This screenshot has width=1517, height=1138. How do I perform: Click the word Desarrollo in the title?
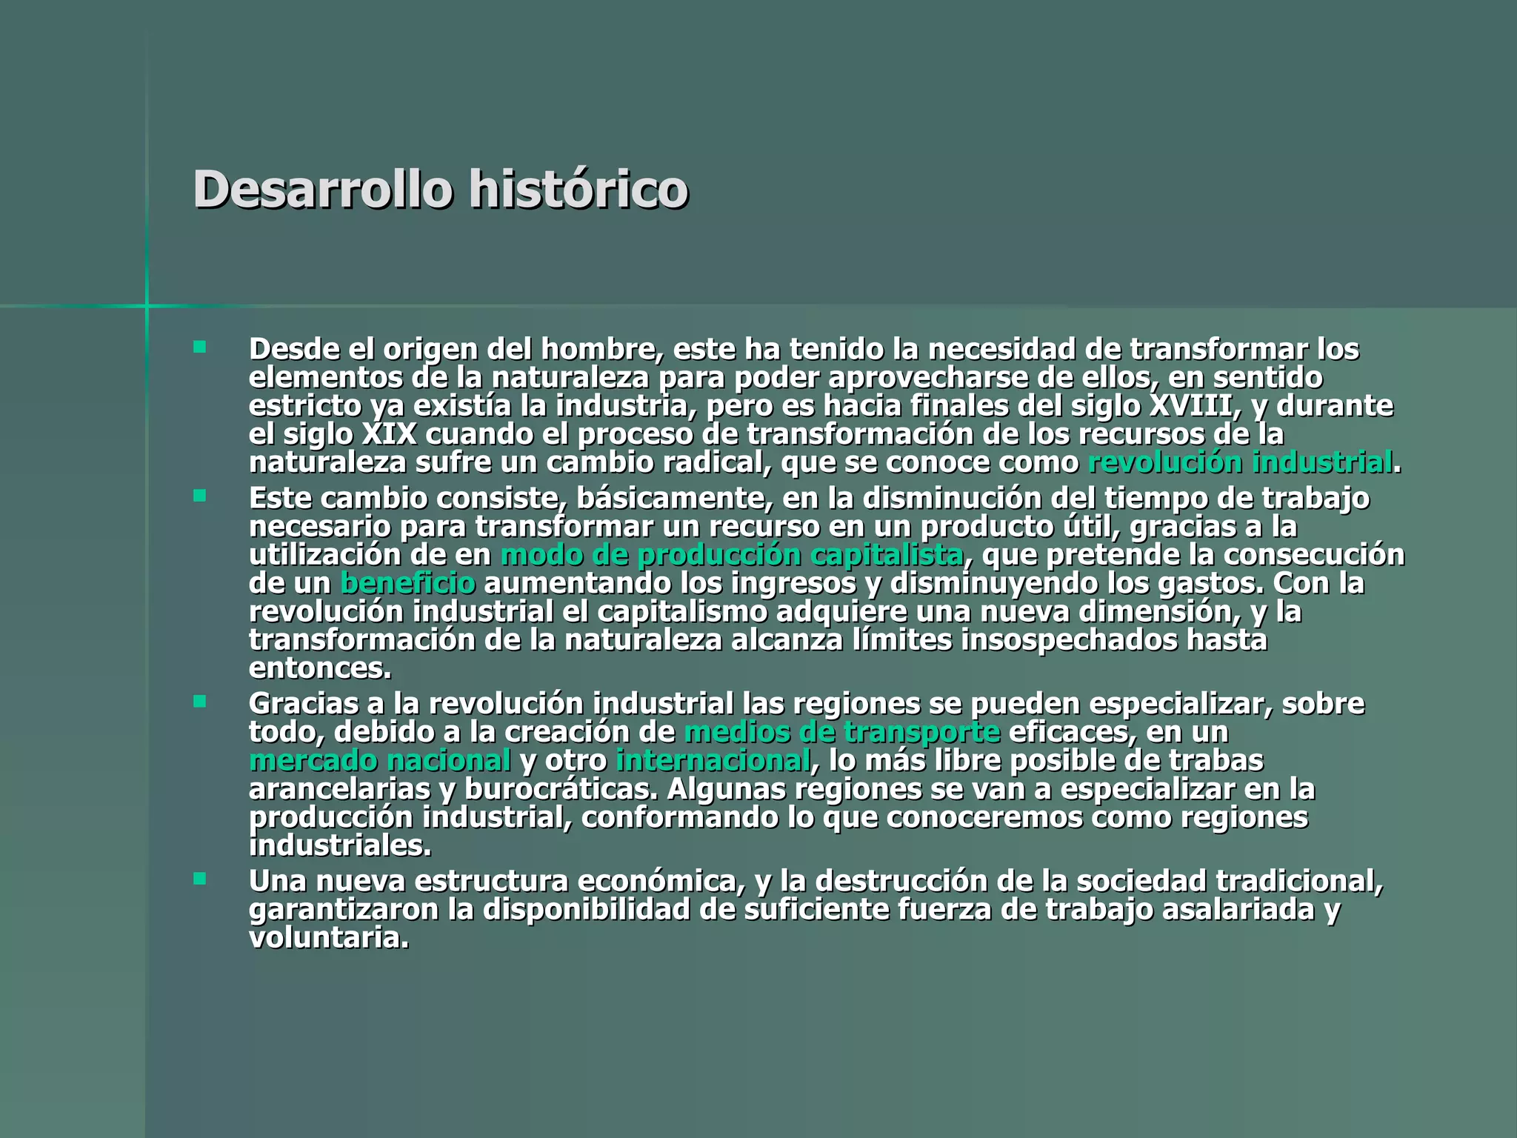click(322, 190)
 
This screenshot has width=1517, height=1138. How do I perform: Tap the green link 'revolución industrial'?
click(1240, 463)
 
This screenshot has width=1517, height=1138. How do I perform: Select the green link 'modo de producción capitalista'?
click(732, 555)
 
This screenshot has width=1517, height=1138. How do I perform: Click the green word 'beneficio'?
click(407, 584)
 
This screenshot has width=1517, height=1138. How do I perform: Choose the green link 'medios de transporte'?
click(842, 732)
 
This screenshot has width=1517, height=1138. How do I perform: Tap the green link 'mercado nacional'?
click(380, 761)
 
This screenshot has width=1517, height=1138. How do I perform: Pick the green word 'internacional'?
click(713, 761)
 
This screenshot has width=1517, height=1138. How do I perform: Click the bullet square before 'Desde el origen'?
click(199, 347)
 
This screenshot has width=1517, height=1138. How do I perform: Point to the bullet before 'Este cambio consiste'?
click(199, 496)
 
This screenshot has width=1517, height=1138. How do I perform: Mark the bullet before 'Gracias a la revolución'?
click(199, 701)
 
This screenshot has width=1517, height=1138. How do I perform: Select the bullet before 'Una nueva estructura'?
click(199, 879)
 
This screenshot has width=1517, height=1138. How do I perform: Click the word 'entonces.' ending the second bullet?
click(320, 669)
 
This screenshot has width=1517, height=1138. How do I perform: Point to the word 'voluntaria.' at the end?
click(329, 939)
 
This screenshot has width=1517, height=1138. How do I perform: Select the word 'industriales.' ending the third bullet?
click(340, 846)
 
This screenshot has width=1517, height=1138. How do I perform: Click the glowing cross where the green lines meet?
click(147, 305)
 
